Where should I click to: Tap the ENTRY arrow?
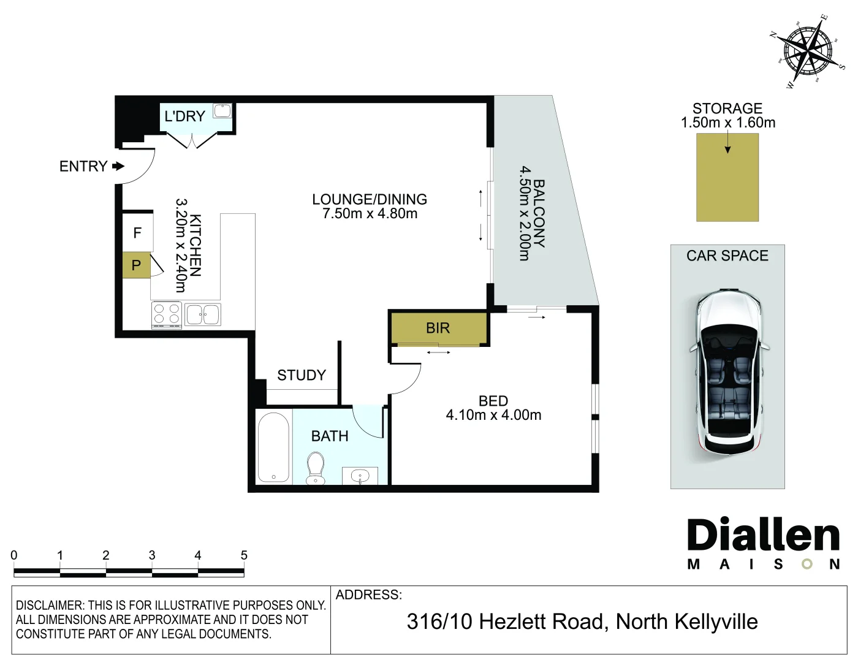pos(118,166)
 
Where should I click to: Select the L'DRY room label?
pos(185,116)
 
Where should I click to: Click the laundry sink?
pos(222,110)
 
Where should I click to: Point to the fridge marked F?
pos(137,232)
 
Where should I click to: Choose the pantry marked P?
pos(136,265)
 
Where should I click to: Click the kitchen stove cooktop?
pos(167,315)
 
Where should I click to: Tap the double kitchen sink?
pos(203,314)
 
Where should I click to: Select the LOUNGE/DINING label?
pos(370,199)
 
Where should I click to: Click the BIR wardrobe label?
pos(438,328)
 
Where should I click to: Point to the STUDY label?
pos(302,375)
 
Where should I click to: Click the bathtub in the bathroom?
pos(273,447)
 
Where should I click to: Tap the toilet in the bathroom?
pos(316,468)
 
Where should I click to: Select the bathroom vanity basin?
pos(360,476)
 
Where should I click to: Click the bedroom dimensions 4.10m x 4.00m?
pos(493,415)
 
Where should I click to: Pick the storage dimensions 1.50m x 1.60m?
pos(728,123)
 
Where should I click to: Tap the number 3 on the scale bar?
pos(152,555)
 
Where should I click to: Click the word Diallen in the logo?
pos(763,535)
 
